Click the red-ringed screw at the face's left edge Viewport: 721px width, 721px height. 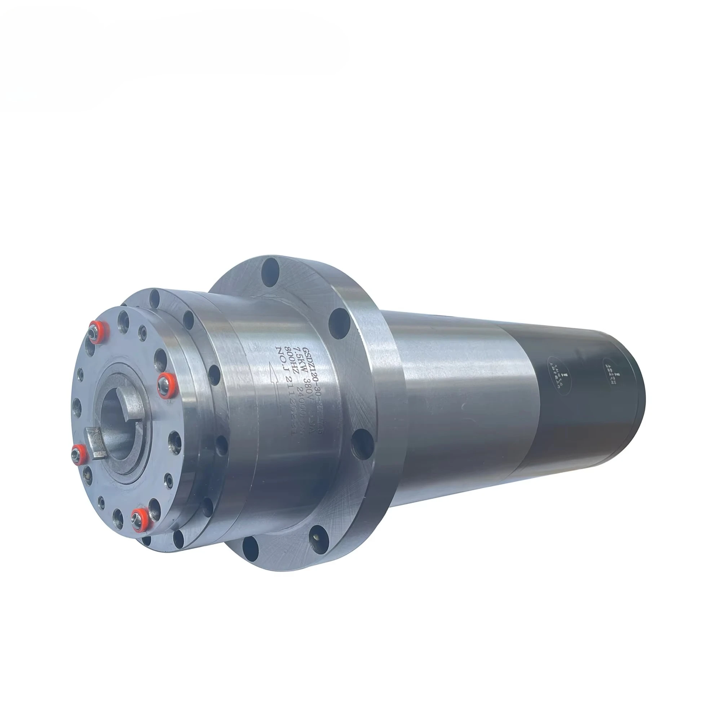tap(78, 454)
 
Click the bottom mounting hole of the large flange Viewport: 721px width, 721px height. tap(251, 548)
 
